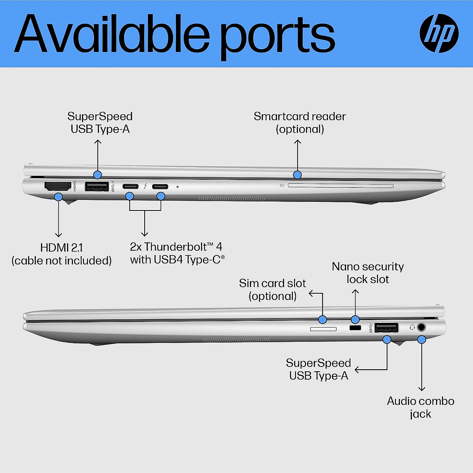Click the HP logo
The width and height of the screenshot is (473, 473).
[x=439, y=34]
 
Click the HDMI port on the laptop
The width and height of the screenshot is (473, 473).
[x=58, y=186]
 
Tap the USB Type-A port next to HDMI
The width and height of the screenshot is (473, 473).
[x=97, y=186]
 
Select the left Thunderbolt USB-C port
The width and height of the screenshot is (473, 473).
[x=130, y=186]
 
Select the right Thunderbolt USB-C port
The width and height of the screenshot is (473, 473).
[x=160, y=186]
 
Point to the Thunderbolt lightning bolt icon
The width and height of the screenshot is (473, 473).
[x=145, y=186]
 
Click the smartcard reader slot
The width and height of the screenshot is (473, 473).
[x=341, y=186]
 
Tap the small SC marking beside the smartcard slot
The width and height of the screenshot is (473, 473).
[x=282, y=185]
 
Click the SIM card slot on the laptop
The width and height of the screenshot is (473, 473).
[x=323, y=329]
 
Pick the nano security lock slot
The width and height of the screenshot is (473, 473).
[x=355, y=328]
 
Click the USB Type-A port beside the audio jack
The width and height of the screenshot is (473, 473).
[x=386, y=328]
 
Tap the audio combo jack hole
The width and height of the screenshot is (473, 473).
[x=421, y=327]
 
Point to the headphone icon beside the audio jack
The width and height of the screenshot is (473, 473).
[x=412, y=327]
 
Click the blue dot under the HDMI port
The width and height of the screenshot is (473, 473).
[x=58, y=197]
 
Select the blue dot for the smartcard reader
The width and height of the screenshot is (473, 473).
[x=297, y=175]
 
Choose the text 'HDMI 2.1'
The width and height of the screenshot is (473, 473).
[x=61, y=248]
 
